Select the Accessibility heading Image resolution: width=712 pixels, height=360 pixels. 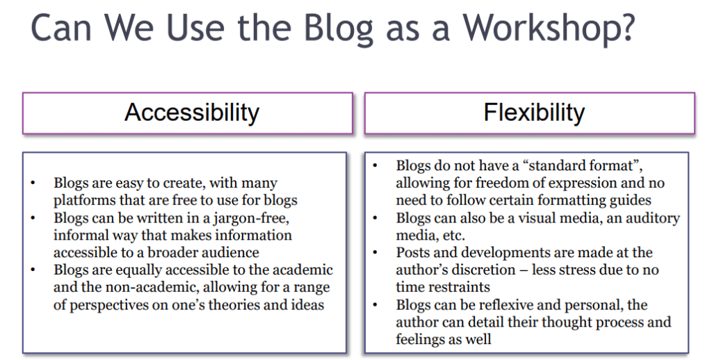[192, 112]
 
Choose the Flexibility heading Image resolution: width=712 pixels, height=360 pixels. [534, 112]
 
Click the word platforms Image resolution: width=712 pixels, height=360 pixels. [87, 200]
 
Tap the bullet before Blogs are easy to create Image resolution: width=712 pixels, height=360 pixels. [33, 183]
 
